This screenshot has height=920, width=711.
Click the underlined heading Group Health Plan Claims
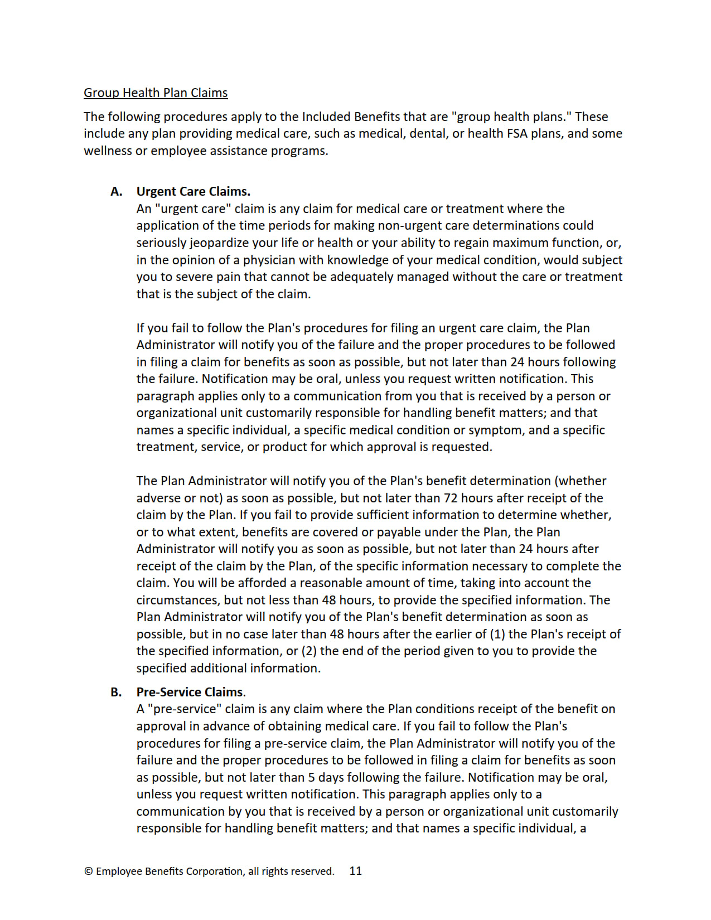[156, 93]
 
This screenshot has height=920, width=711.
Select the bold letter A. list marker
[117, 192]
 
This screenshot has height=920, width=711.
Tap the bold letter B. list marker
[116, 693]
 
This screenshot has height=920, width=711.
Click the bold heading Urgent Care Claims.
[193, 192]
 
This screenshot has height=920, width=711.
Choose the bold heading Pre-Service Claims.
[191, 693]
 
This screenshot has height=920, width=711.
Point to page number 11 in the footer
[355, 871]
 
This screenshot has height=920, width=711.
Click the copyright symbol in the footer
[88, 871]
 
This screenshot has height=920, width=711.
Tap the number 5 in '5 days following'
[312, 777]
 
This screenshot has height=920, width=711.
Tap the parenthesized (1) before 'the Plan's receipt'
[497, 635]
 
